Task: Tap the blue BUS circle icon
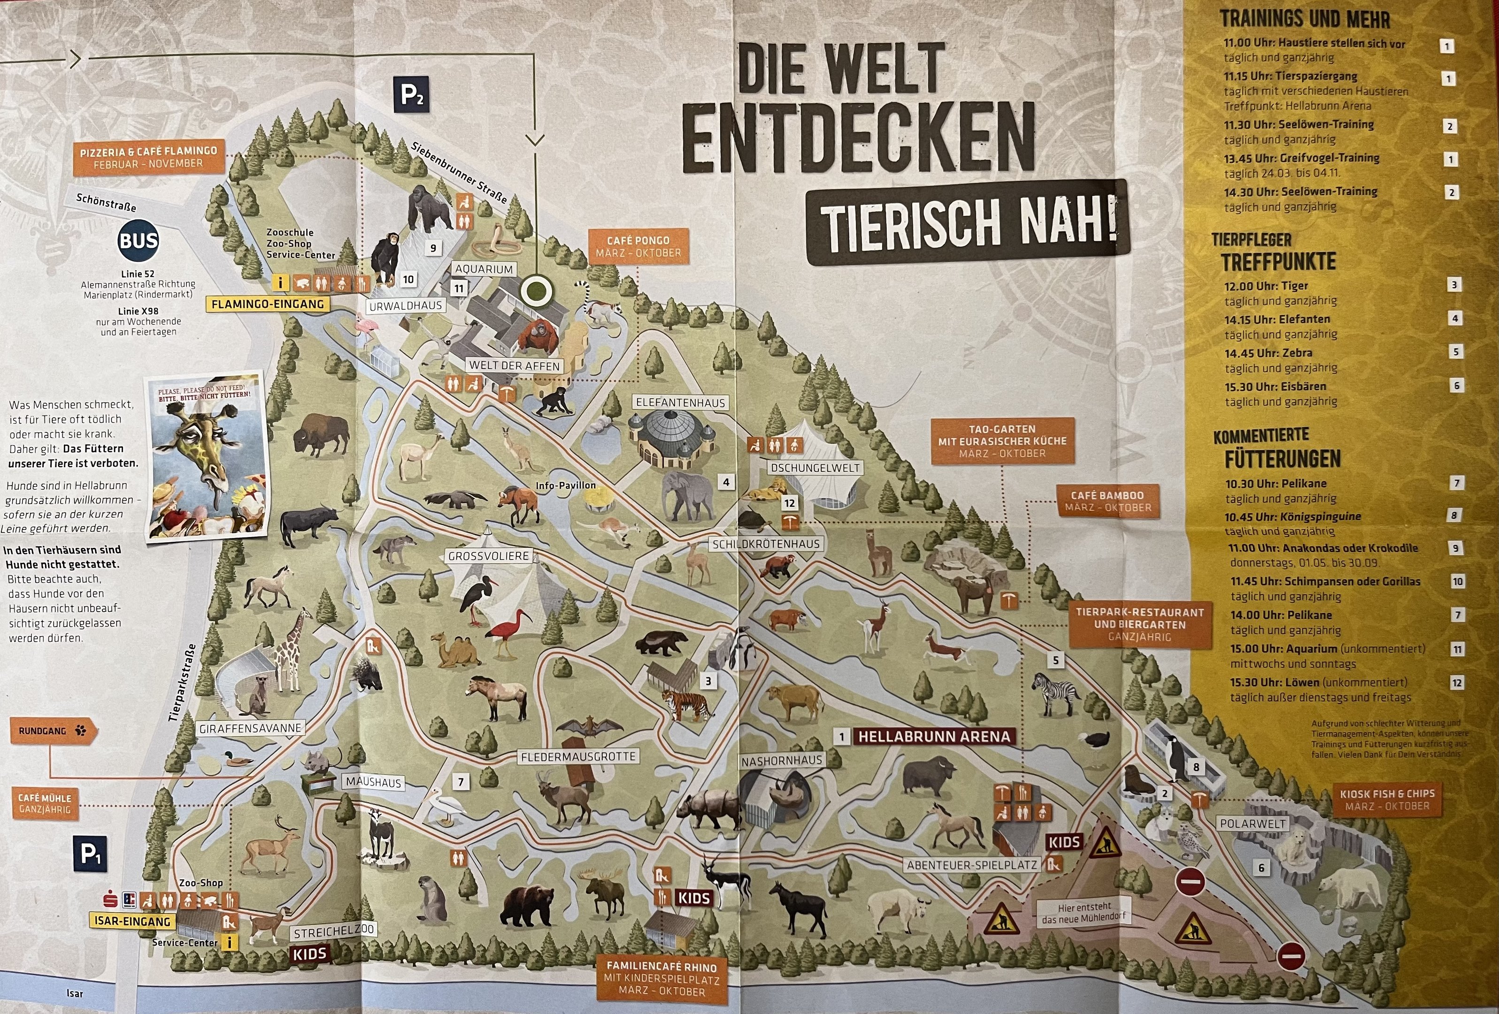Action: coord(138,241)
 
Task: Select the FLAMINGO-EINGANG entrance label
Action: coord(268,304)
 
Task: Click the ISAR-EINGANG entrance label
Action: coord(132,921)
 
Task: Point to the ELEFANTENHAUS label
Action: coord(680,402)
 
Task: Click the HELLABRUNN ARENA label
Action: coord(933,737)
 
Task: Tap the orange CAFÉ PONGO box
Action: coord(638,246)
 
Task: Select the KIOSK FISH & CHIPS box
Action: coord(1387,800)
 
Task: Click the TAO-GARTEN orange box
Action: coord(1002,441)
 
